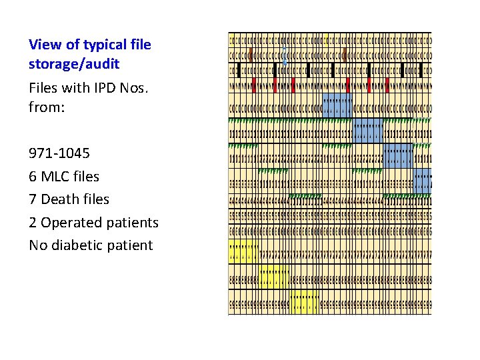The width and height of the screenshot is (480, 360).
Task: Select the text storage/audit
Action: point(74,64)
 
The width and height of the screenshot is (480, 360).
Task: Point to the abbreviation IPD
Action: point(86,87)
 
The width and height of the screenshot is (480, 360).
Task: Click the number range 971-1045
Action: point(59,153)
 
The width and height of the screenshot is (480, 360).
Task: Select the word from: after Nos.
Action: point(47,105)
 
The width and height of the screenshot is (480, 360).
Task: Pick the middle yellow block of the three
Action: point(274,278)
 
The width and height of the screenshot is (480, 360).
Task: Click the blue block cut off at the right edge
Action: point(423,180)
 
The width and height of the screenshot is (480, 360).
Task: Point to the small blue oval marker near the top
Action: point(285,54)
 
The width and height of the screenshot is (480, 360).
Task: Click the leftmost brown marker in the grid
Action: point(251,54)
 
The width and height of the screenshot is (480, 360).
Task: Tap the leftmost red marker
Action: point(254,84)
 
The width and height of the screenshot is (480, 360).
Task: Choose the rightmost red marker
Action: point(387,84)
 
